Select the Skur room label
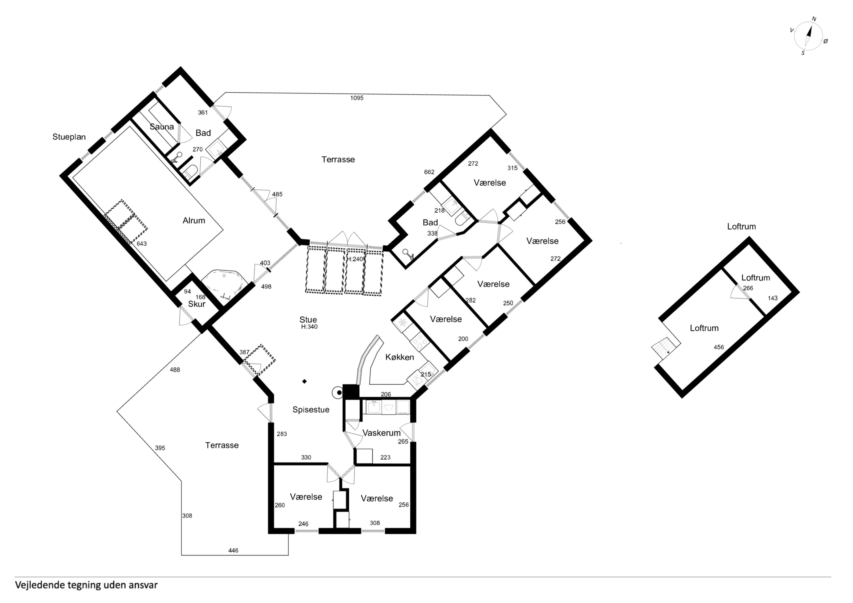pyautogui.click(x=197, y=304)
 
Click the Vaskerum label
pyautogui.click(x=382, y=433)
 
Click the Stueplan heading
pyautogui.click(x=69, y=137)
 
